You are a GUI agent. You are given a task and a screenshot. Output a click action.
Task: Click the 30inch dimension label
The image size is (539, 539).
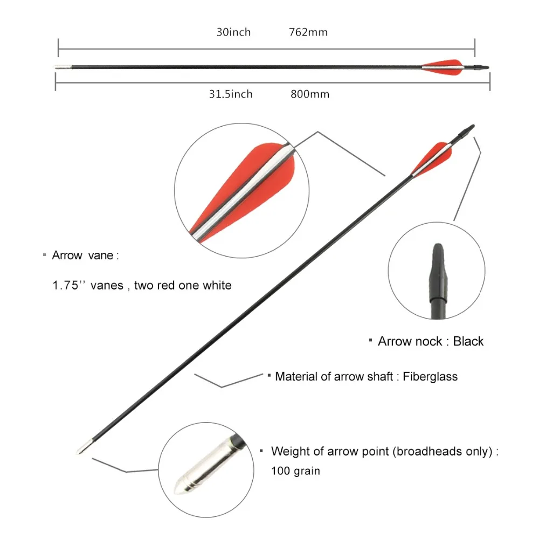(x=233, y=32)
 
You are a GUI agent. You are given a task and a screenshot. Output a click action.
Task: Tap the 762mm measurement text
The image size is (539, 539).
(x=308, y=32)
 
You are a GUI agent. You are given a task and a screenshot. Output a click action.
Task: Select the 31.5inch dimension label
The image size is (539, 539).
(x=231, y=94)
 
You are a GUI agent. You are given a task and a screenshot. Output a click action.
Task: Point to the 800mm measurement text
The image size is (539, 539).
(x=310, y=94)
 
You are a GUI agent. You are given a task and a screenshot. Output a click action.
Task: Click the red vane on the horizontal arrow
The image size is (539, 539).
(x=443, y=67)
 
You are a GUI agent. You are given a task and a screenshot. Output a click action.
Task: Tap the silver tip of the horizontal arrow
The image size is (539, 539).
(x=63, y=67)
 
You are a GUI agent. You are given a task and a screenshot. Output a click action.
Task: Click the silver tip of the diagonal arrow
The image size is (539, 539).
(x=85, y=447)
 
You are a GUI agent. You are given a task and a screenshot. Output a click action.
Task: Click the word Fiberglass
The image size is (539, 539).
(x=430, y=376)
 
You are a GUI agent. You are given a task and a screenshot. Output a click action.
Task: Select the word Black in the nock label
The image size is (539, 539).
(x=468, y=341)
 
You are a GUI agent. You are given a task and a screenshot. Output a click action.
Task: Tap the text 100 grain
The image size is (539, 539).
(x=295, y=471)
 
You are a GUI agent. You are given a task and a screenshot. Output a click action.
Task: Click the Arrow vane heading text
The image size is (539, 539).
(x=85, y=255)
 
